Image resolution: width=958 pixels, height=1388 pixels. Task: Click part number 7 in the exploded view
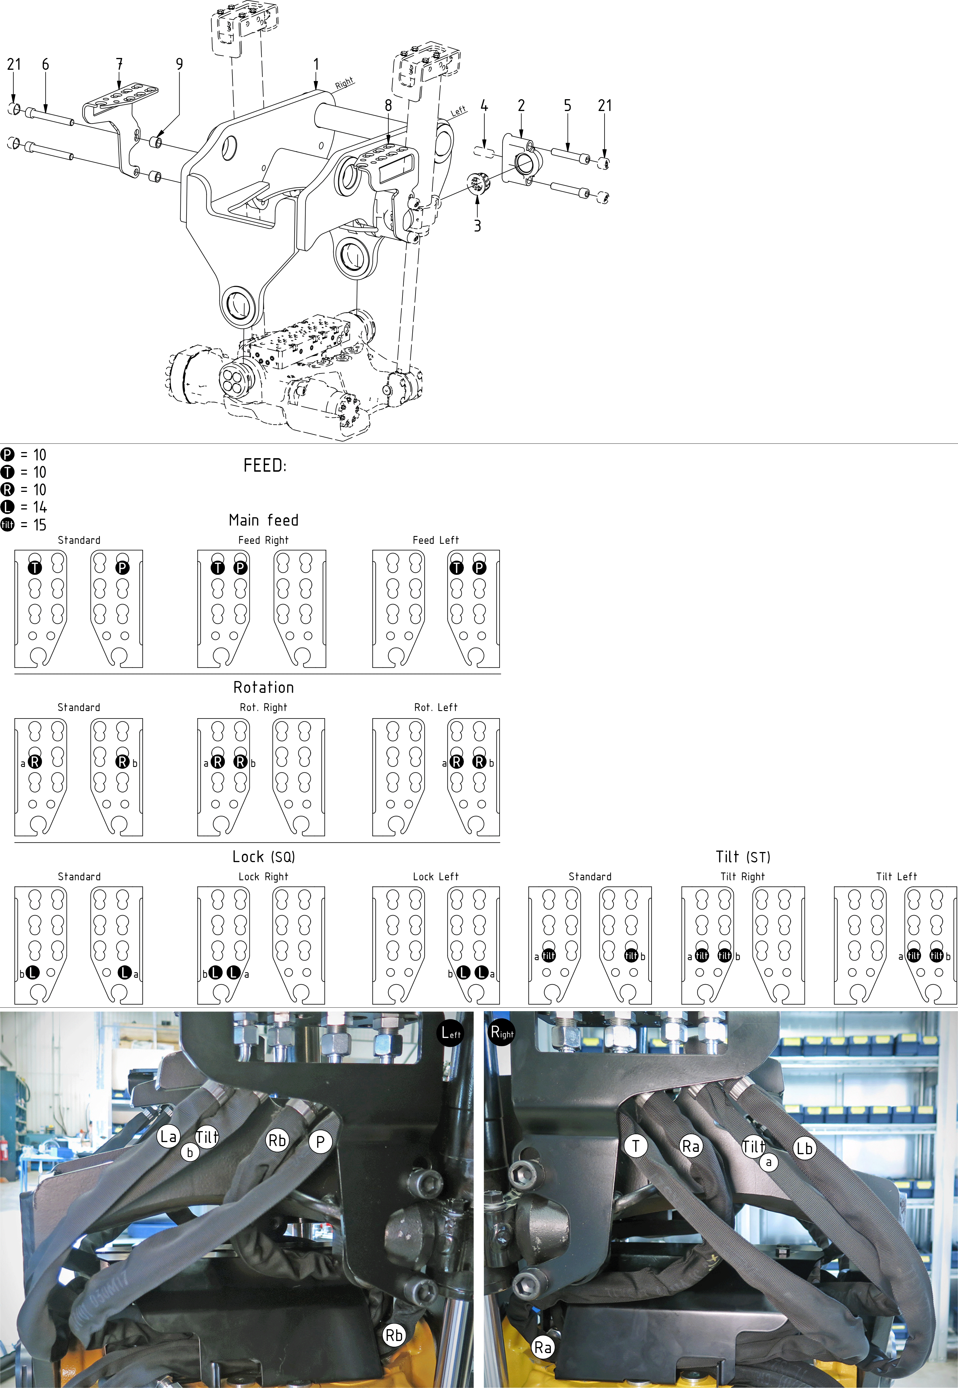(x=119, y=64)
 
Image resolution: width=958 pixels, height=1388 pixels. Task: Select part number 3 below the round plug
(x=477, y=226)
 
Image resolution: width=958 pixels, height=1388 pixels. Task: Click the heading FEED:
(x=265, y=465)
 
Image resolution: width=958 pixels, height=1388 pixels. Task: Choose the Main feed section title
(x=264, y=520)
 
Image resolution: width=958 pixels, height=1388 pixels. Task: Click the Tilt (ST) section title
(x=743, y=857)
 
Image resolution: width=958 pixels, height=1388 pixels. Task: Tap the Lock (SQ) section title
(x=264, y=857)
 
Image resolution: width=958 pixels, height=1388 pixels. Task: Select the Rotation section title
(x=264, y=687)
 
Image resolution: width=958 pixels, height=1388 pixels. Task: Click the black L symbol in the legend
(x=7, y=507)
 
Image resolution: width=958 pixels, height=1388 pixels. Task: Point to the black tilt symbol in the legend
(x=7, y=525)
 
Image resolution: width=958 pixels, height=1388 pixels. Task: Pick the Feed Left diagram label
(x=436, y=540)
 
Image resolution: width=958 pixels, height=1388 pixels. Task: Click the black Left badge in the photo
(x=451, y=1032)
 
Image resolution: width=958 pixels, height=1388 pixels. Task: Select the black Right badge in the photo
(x=502, y=1032)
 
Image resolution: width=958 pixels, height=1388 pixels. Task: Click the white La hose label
(x=169, y=1136)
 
